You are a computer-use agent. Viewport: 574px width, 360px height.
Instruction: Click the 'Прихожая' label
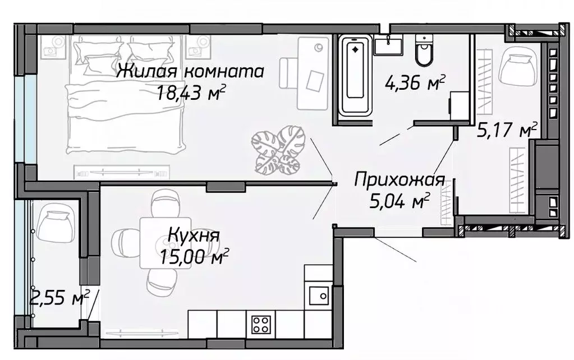(399, 180)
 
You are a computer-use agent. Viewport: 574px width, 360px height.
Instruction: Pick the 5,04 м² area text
(399, 200)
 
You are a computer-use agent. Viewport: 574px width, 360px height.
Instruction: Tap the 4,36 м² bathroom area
(415, 84)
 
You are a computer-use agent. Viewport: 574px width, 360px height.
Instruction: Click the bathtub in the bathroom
(355, 76)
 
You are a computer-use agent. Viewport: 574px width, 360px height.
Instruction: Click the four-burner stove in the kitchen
(260, 324)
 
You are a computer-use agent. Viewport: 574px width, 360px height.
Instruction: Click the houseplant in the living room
(278, 150)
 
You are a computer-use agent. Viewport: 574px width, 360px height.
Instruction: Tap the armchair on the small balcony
(55, 222)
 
